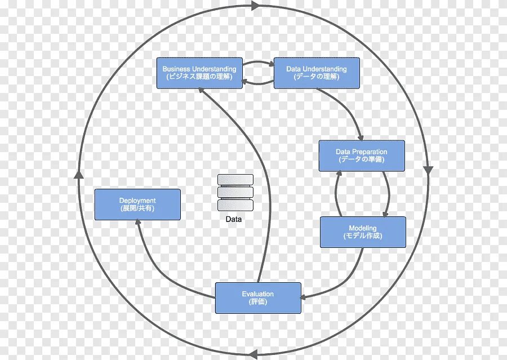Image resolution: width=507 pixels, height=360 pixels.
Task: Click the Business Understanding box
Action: tap(199, 73)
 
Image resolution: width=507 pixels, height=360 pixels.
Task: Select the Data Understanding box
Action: tap(317, 73)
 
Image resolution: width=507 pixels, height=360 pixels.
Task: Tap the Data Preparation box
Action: tap(362, 155)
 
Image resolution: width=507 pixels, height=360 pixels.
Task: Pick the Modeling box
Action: tap(363, 232)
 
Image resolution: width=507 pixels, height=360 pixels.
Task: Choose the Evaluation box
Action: tap(258, 298)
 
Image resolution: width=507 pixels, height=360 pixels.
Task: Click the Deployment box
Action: tap(137, 205)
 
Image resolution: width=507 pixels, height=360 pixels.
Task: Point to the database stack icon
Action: tap(235, 193)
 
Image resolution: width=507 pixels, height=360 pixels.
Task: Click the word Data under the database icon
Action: tap(234, 219)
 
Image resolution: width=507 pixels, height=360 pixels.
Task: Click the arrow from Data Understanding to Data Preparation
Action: tap(346, 110)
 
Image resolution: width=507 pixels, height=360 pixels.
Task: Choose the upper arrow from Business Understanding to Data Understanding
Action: tap(259, 62)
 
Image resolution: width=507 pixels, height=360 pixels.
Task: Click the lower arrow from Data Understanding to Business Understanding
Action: tap(259, 83)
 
